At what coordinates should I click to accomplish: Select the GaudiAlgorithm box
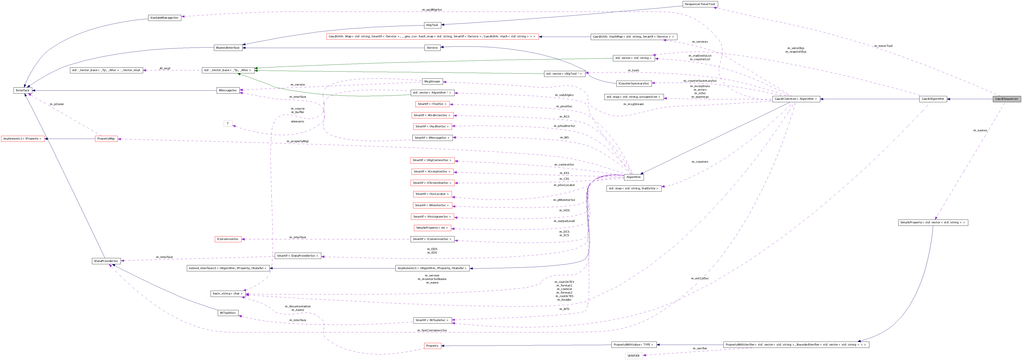(933, 99)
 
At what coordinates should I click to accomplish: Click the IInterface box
(23, 90)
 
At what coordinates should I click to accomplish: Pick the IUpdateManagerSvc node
(164, 18)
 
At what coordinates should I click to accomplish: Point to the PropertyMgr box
(106, 139)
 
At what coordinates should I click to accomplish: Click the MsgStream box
(432, 81)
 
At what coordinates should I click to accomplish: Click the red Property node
(432, 346)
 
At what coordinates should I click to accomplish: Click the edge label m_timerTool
(883, 46)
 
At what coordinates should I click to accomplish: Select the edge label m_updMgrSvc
(432, 10)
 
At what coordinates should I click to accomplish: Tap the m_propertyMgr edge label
(297, 141)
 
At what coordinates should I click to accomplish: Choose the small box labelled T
(228, 124)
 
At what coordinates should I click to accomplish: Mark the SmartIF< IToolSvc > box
(432, 104)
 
